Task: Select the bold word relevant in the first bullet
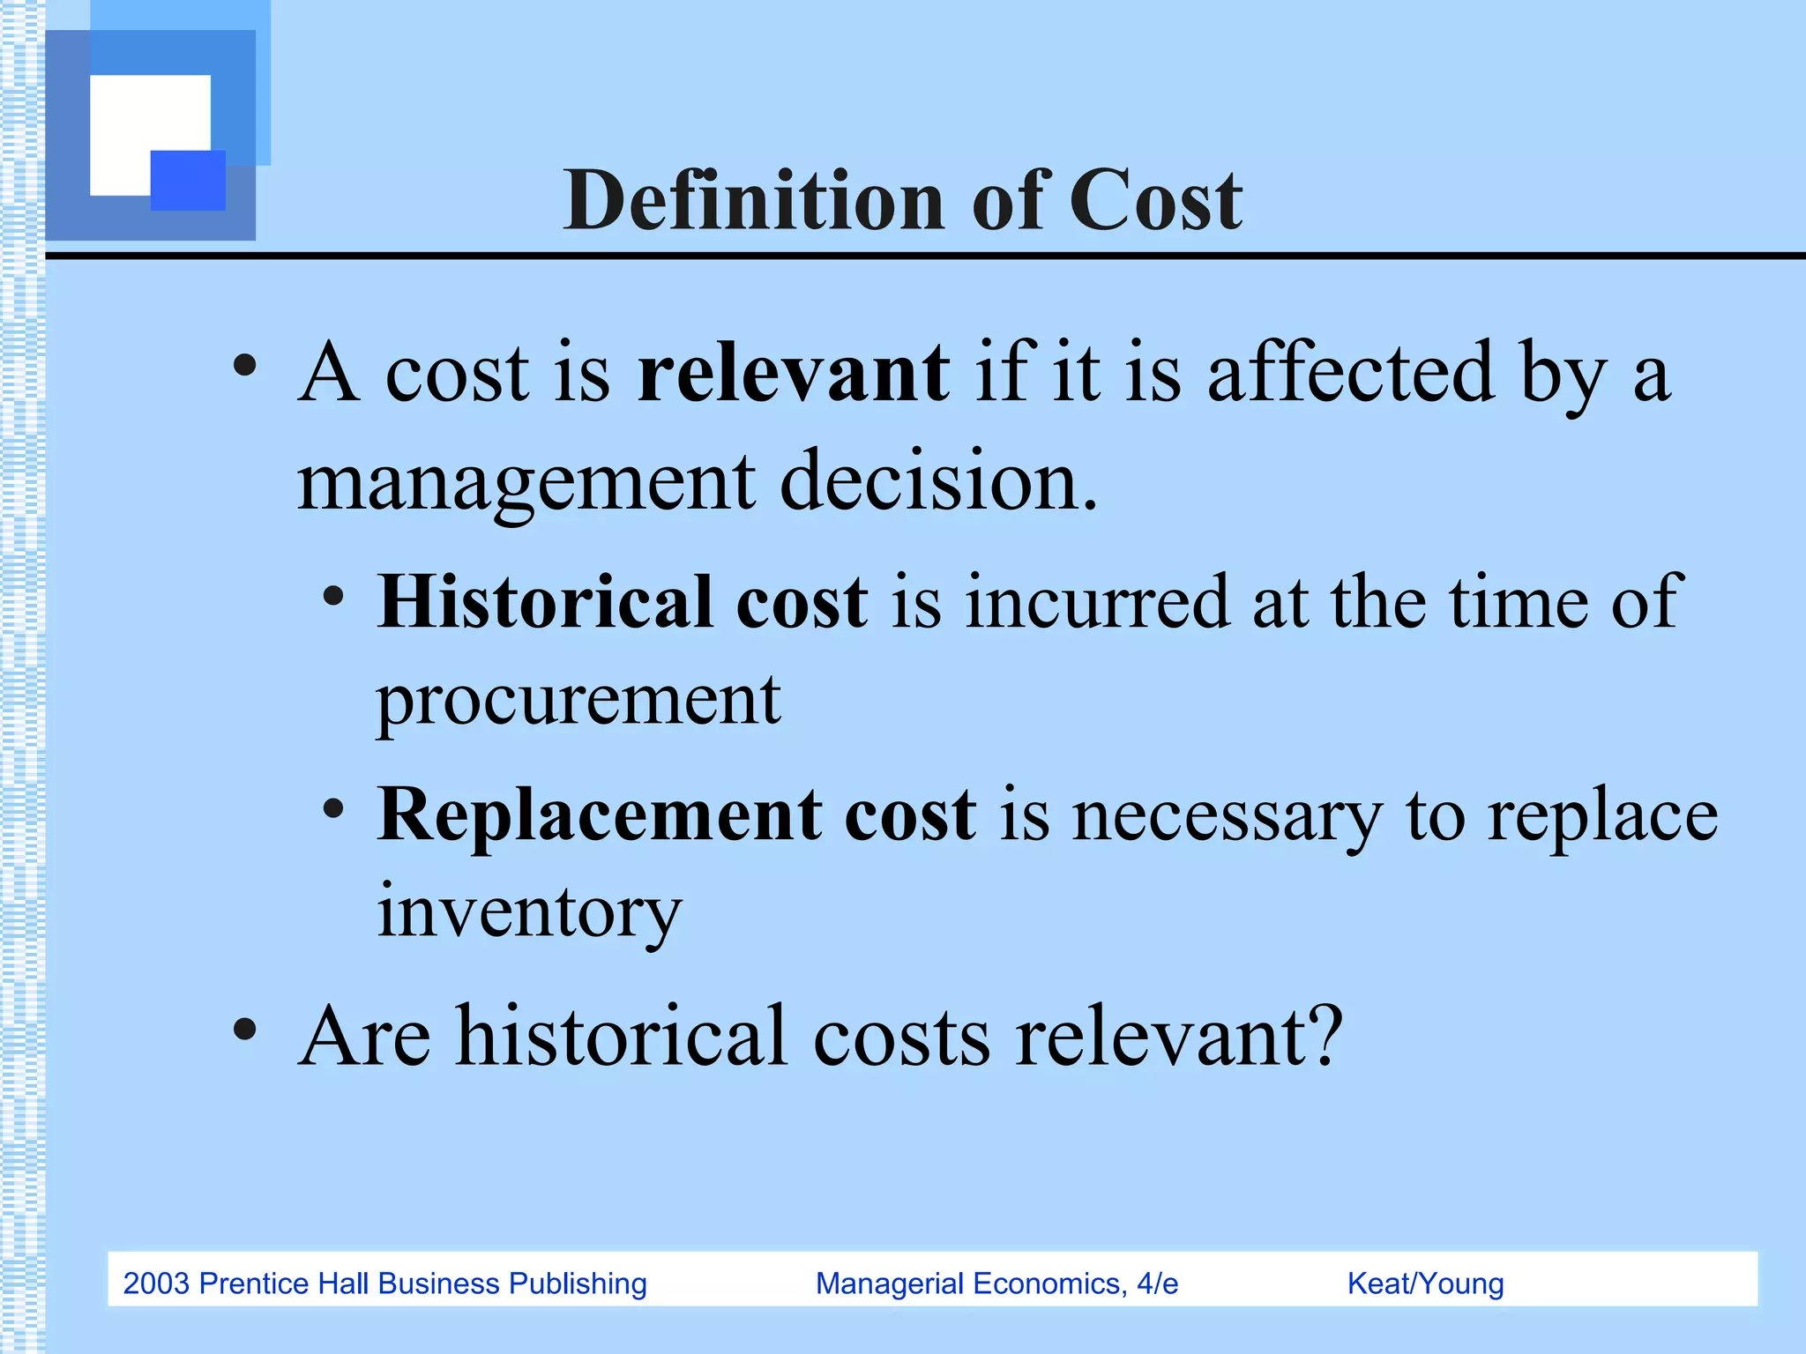793,373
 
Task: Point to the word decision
938,481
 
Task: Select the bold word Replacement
599,815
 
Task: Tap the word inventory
529,911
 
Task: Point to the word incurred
1097,602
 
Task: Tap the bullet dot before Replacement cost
333,807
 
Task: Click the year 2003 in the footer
156,1283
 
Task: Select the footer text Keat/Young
1425,1283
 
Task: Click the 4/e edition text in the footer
1157,1283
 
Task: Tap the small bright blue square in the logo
188,180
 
